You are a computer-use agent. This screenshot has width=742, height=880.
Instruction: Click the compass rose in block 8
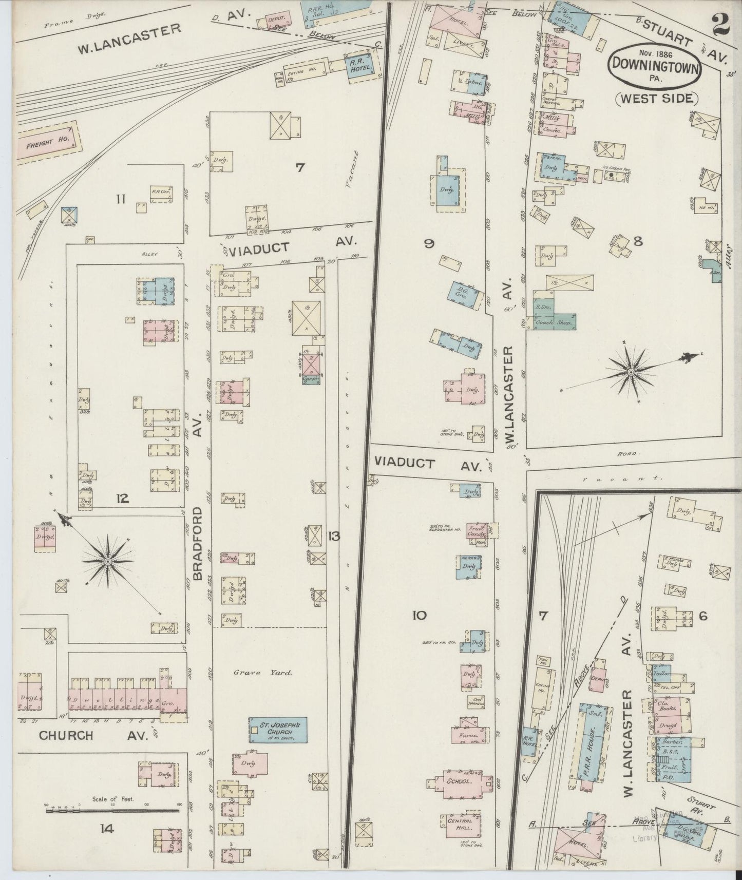pyautogui.click(x=630, y=372)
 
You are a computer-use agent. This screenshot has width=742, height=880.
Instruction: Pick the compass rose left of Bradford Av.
pyautogui.click(x=108, y=563)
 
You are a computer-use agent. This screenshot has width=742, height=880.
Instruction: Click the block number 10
pyautogui.click(x=420, y=614)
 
